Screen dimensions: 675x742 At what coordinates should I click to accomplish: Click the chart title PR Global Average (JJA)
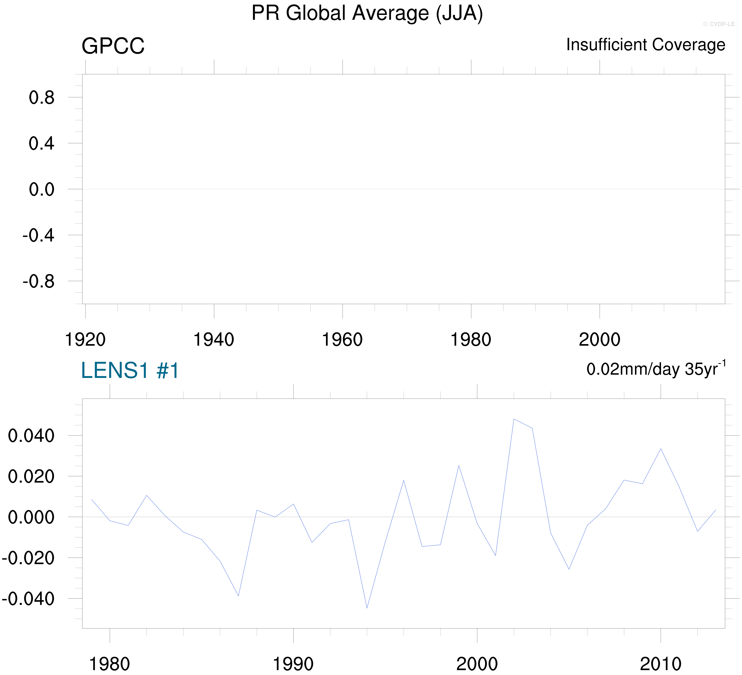pos(367,14)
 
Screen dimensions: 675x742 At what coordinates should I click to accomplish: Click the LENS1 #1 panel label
pos(130,370)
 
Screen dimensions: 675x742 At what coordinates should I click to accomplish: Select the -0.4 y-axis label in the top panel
pos(38,235)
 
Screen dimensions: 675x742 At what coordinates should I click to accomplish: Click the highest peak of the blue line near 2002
pos(514,419)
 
